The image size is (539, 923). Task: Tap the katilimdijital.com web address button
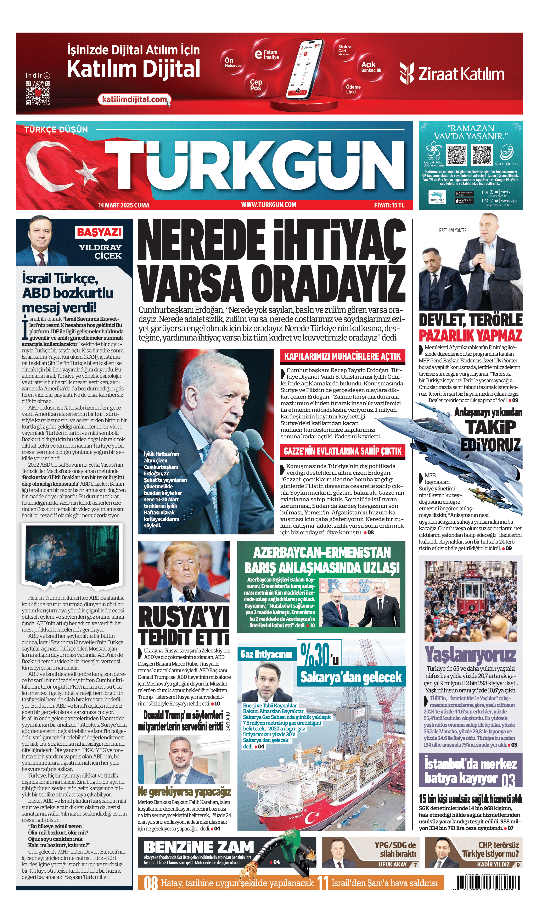[134, 99]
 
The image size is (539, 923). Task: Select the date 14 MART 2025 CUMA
[124, 205]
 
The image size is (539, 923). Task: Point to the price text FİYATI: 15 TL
[389, 205]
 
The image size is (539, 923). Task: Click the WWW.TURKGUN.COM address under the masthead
[268, 205]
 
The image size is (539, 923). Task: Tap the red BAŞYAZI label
[99, 232]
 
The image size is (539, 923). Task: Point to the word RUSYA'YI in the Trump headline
[184, 617]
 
